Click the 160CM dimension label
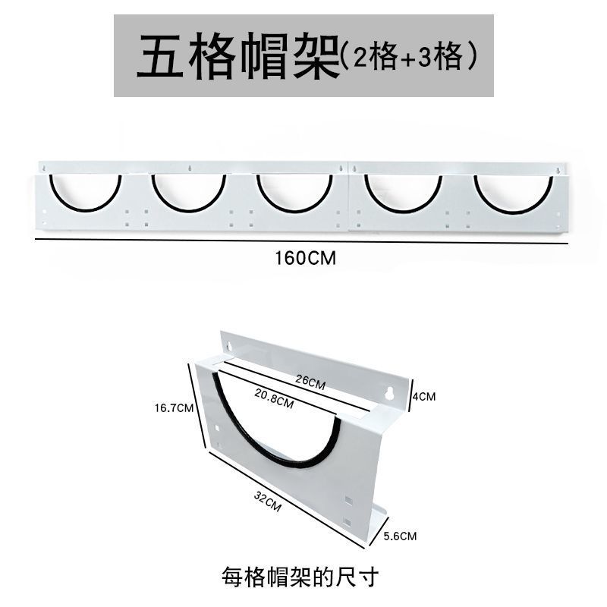click(304, 258)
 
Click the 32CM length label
click(268, 501)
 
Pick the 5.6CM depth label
click(399, 536)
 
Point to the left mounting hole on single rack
click(228, 348)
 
